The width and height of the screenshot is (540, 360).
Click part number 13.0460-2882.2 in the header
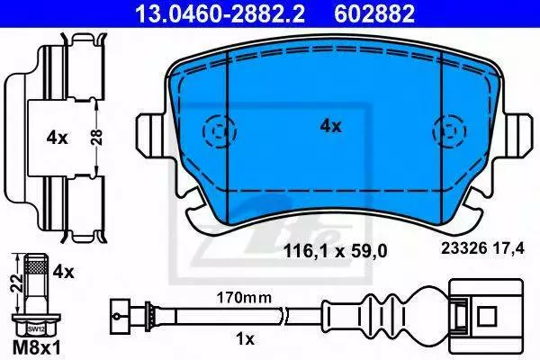coord(220,14)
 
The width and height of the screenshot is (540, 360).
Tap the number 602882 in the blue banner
coord(374,14)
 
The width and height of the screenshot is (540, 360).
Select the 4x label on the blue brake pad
coord(330,126)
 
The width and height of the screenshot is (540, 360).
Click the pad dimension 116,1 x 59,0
coord(335,251)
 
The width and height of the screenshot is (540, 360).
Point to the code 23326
coord(463,248)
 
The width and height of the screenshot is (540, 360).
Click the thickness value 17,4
coord(508,248)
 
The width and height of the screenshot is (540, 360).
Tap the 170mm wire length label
coord(244,298)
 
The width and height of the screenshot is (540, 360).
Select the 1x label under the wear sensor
coord(245,339)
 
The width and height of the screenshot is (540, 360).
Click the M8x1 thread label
coord(37,348)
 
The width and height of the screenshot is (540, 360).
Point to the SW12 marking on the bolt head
coord(36,329)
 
